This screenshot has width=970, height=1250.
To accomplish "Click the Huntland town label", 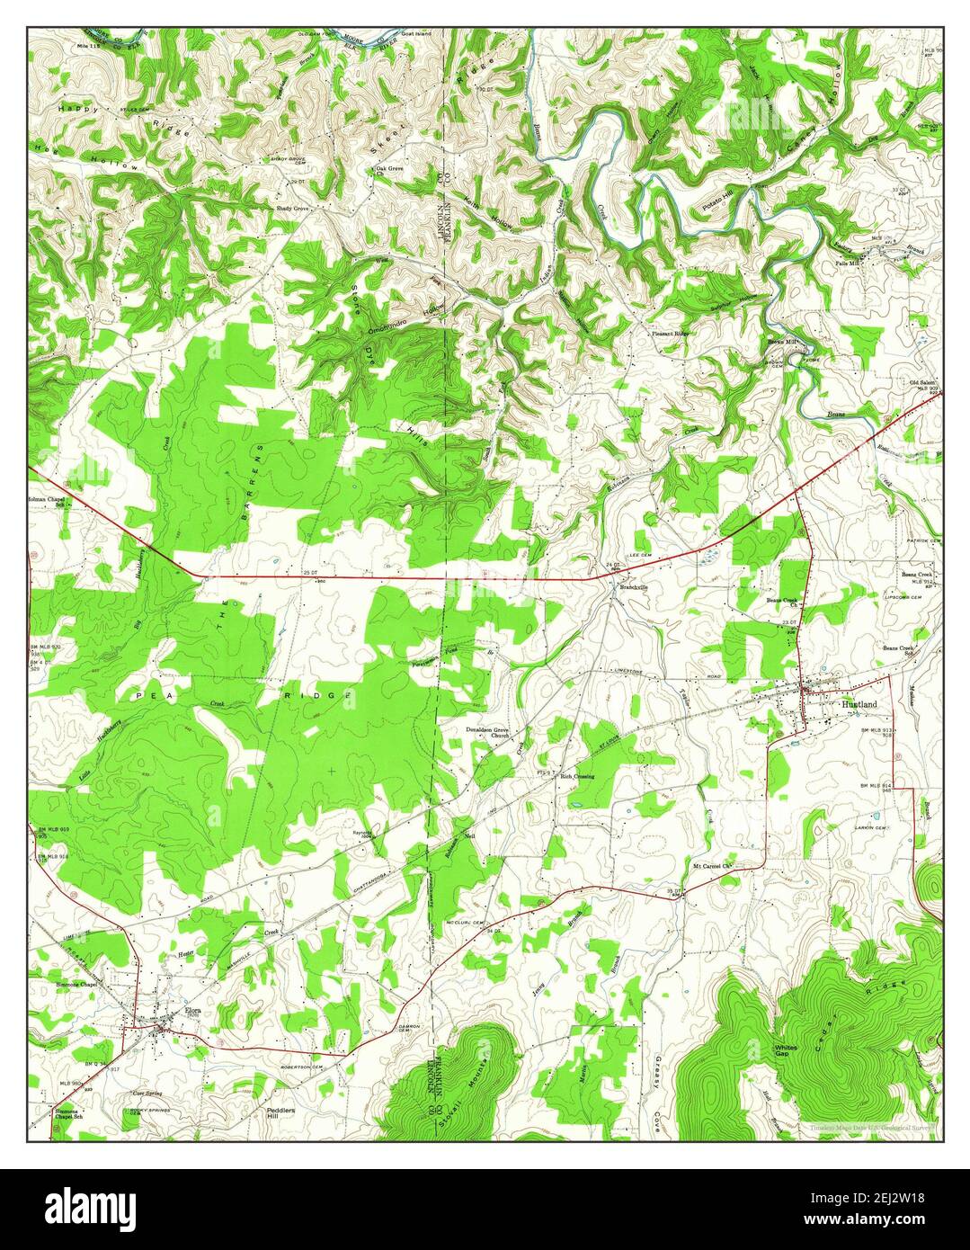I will (857, 706).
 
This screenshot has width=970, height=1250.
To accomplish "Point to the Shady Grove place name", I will (292, 209).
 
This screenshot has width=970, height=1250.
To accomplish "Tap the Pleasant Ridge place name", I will (671, 333).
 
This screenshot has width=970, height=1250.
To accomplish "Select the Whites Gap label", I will (786, 1052).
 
